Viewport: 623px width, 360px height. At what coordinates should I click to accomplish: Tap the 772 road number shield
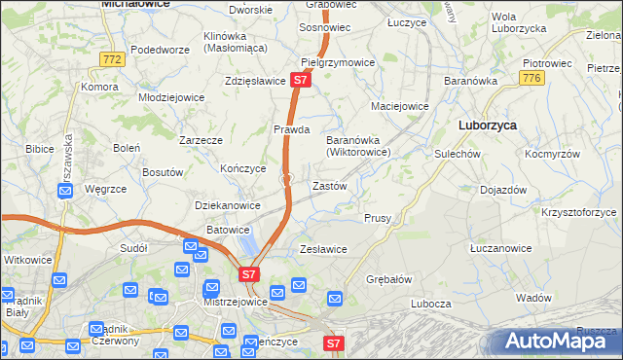[x=112, y=59]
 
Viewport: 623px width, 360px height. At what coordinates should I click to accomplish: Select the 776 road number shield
[x=531, y=78]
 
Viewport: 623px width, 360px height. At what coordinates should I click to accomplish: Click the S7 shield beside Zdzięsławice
[x=301, y=81]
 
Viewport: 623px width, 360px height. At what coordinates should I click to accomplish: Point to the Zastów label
[x=328, y=185]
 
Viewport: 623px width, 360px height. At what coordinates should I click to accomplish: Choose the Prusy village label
[x=378, y=218]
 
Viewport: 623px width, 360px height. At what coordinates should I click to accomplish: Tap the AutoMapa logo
[x=558, y=341]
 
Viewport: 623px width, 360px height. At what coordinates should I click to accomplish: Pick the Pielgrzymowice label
[x=338, y=62]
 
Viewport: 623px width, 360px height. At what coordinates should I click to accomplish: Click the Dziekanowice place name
[x=228, y=205]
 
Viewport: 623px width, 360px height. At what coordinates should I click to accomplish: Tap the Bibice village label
[x=40, y=149]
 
